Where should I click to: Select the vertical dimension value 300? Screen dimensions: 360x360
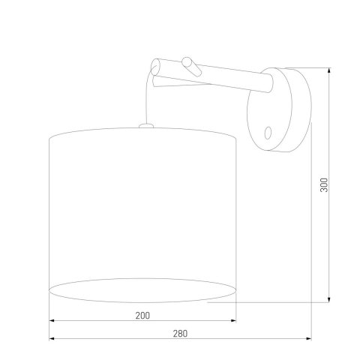coord(324,184)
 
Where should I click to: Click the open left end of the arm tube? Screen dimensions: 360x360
coord(154,68)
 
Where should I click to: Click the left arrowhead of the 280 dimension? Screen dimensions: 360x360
coord(52,340)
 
